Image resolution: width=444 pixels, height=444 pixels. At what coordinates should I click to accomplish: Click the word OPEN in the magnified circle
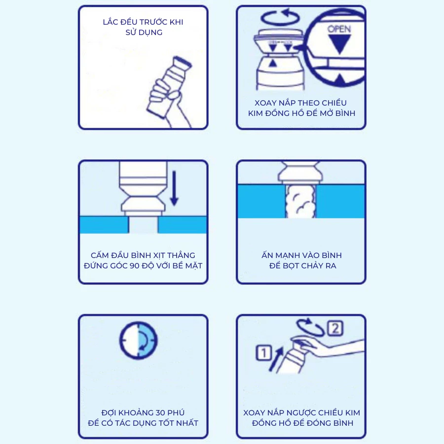(339, 29)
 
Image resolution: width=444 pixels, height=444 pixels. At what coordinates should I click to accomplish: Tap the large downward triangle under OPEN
(339, 44)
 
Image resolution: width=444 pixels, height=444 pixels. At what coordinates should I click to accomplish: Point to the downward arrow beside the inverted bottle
(174, 188)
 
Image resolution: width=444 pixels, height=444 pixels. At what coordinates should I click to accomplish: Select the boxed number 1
(264, 353)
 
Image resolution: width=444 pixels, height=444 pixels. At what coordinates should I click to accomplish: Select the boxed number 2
(335, 329)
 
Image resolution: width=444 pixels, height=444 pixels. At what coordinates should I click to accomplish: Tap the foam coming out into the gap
(300, 201)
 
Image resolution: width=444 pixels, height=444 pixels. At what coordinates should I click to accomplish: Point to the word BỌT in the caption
(292, 266)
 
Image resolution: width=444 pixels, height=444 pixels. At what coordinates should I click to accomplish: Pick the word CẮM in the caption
(100, 255)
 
